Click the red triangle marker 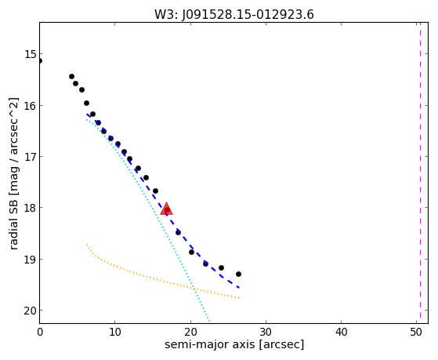click(167, 209)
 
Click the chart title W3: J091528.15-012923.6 click(234, 15)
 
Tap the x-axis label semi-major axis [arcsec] click(234, 344)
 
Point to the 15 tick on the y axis click(31, 54)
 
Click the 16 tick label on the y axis click(31, 105)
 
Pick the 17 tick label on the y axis click(31, 157)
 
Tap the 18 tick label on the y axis click(31, 208)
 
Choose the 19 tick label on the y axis click(31, 260)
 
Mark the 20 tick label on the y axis click(31, 311)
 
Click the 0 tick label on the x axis click(40, 332)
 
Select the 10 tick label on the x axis click(115, 332)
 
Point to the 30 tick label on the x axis click(266, 332)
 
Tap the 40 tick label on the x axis click(341, 332)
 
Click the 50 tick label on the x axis click(416, 332)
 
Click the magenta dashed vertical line click(420, 173)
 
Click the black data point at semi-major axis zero click(40, 60)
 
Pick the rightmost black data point click(238, 275)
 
